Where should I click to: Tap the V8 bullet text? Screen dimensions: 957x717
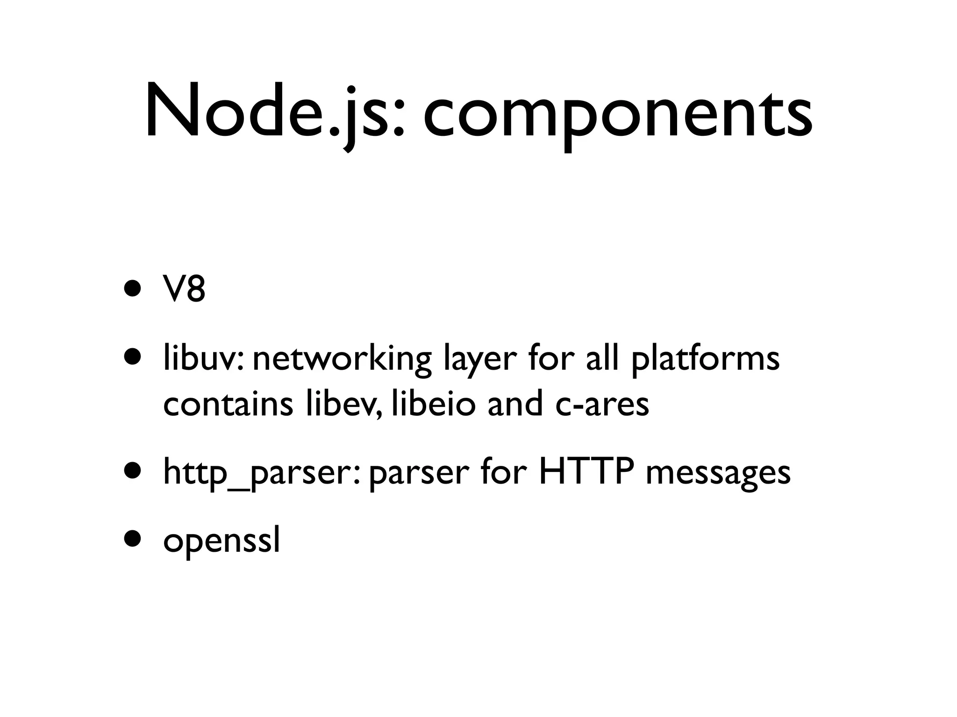click(184, 290)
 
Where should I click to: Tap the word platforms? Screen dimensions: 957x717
click(705, 361)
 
